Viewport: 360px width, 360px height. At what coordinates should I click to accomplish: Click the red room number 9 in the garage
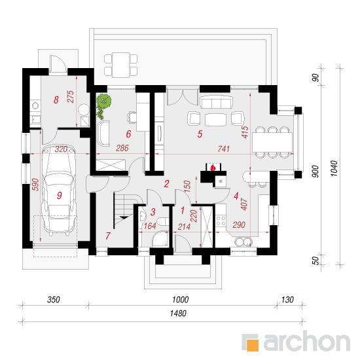point(59,195)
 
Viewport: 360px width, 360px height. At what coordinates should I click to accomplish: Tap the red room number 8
point(56,100)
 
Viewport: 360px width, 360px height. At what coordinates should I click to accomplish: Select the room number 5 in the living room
point(200,134)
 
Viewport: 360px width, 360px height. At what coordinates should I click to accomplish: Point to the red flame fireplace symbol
point(213,168)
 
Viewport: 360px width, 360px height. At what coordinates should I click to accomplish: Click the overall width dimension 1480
point(178,314)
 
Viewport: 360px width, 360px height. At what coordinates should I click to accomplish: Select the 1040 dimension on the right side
point(334,168)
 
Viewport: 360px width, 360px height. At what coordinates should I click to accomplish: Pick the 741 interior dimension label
point(223,149)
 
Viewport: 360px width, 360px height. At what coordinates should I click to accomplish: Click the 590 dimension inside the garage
point(35,185)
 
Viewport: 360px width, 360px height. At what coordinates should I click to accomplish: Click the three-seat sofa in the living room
point(216,102)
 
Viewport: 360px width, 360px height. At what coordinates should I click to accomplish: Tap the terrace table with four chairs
point(121,65)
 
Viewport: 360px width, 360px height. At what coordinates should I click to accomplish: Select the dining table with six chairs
point(272,142)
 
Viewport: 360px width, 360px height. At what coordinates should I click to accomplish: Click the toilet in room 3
point(163,222)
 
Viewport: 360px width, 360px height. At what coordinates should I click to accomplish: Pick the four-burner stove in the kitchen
point(221,221)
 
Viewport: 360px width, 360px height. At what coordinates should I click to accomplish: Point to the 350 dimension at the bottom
point(54,300)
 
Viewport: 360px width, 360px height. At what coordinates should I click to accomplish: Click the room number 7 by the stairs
point(108,236)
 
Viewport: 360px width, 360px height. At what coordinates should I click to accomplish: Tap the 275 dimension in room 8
point(71,96)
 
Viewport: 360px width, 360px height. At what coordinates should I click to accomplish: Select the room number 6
point(128,134)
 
